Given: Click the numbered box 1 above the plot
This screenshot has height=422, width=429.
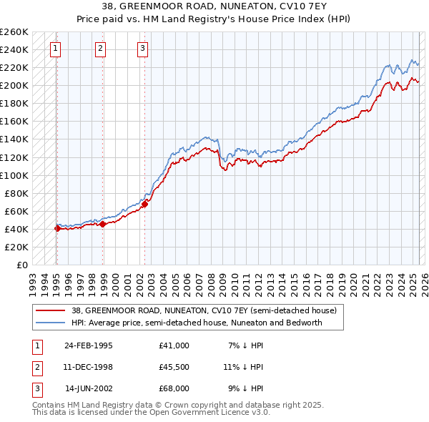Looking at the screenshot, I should point(55,49).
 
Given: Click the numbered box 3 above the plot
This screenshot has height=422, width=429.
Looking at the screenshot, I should point(142,49).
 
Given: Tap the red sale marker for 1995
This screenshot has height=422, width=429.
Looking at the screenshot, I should point(57,229).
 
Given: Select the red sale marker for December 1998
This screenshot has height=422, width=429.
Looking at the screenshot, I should point(103,224).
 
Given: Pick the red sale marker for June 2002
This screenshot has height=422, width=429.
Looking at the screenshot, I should point(144,204).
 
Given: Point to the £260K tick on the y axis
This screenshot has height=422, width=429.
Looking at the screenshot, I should point(14,32).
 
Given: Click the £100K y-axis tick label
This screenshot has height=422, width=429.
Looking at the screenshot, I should point(14,175).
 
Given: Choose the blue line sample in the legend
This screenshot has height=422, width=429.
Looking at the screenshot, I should point(51,323).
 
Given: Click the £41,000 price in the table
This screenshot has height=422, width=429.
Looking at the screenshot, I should point(174,345).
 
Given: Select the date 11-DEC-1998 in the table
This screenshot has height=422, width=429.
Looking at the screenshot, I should point(89,367).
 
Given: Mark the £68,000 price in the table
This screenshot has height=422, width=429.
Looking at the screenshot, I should point(174,388).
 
